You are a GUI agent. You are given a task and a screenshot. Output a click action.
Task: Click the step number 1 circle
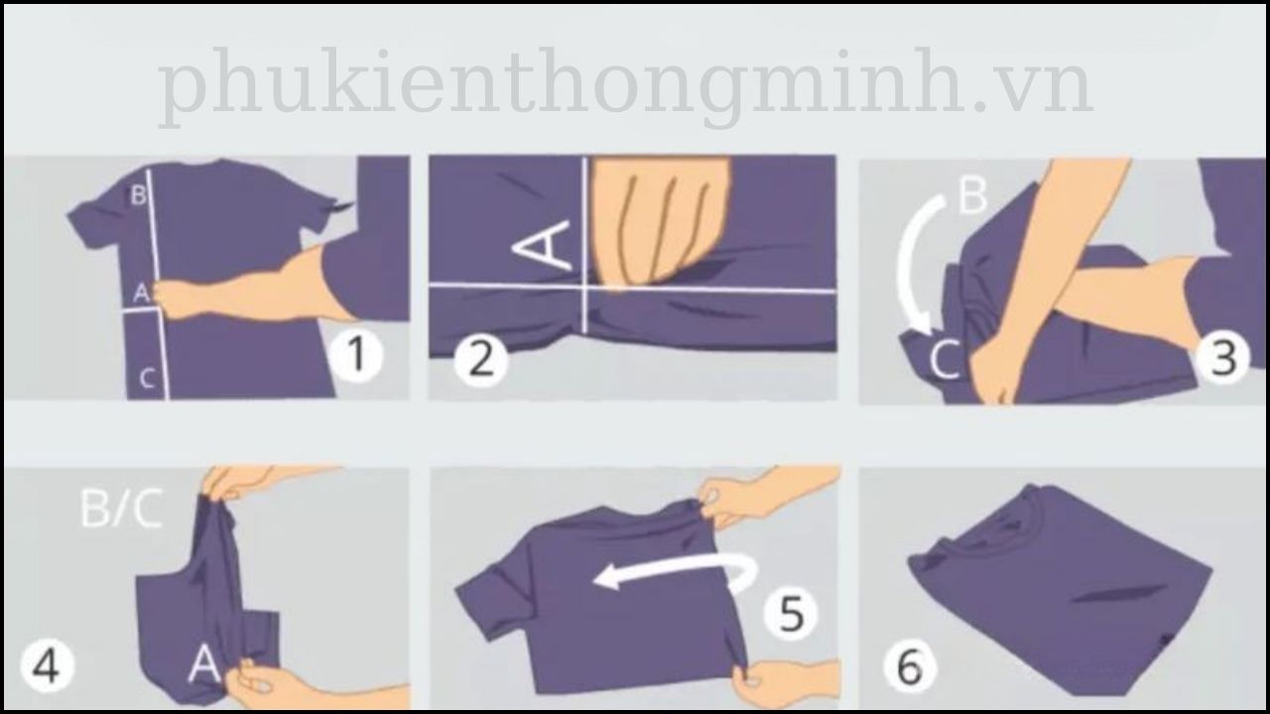point(355,358)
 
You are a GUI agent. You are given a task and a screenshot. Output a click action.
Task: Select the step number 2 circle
point(481,359)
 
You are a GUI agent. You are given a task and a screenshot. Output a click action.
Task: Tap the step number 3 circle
point(1223,358)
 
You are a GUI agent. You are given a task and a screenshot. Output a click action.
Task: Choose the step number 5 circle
point(791,614)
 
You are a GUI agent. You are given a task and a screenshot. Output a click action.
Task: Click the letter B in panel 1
point(138,195)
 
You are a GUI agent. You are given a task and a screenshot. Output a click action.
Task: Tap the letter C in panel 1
point(146,378)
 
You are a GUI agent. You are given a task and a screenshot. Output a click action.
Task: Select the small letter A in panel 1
point(141,293)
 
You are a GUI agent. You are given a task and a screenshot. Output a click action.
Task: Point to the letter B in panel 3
point(973,197)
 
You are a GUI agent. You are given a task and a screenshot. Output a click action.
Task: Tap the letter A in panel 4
point(203,663)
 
